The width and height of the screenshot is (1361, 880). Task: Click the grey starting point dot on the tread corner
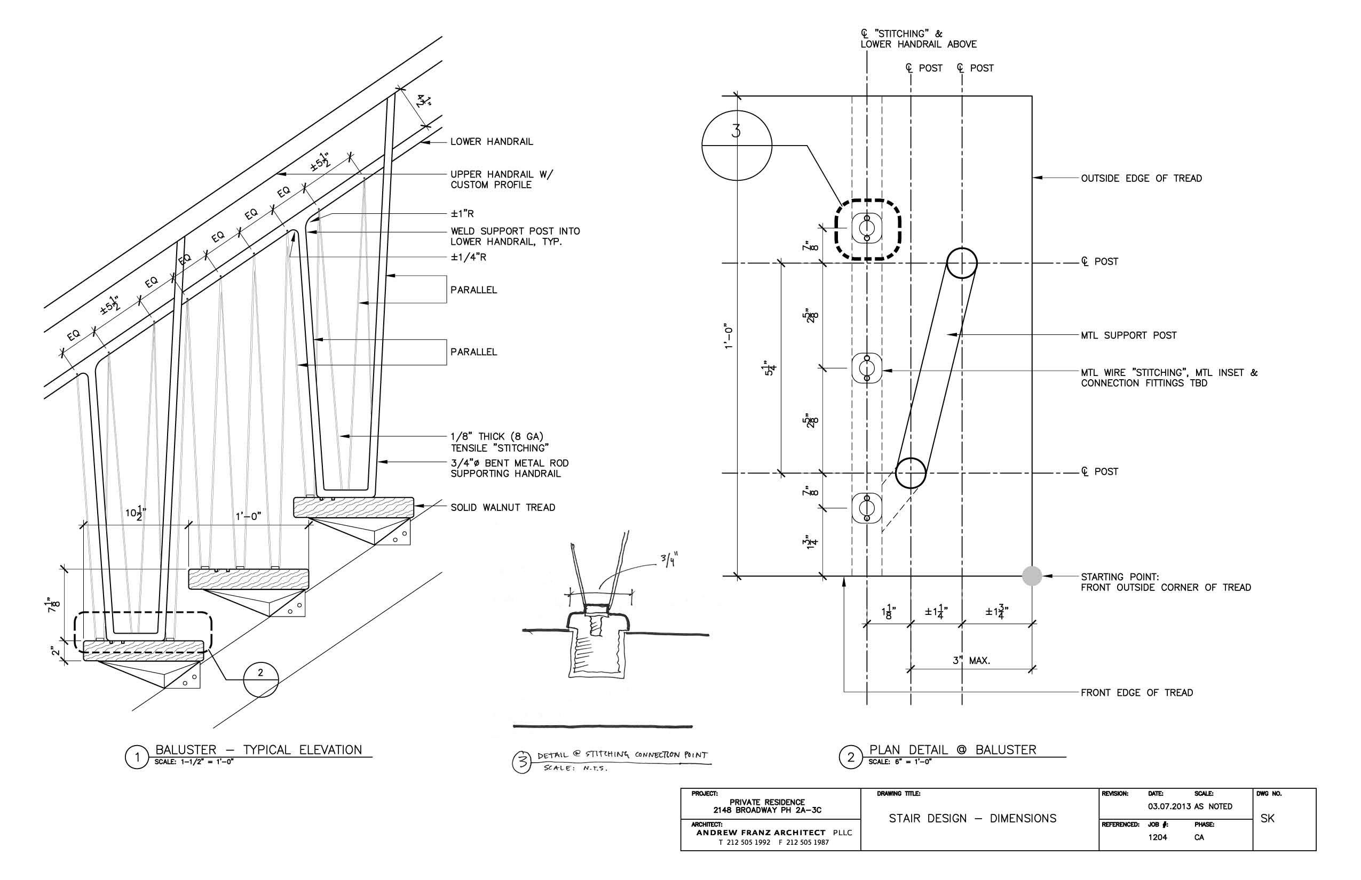point(1032,576)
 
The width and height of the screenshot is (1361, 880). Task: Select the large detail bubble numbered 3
point(737,145)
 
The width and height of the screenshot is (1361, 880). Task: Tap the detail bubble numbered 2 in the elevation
point(261,679)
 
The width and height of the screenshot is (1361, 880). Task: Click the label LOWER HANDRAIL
point(491,142)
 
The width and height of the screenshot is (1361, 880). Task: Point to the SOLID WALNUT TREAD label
point(502,507)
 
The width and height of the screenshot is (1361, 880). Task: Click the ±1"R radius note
point(462,214)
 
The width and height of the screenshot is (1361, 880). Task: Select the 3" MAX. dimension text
point(971,661)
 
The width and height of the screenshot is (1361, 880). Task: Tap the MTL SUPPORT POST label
point(1128,335)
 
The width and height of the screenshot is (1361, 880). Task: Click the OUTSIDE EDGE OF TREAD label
point(1141,178)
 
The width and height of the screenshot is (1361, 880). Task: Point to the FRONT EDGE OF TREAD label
point(1136,693)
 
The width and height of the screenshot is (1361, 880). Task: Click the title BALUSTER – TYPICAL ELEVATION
point(258,750)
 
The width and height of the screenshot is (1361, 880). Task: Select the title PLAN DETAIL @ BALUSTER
point(952,750)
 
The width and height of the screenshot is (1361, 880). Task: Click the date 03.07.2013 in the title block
point(1169,806)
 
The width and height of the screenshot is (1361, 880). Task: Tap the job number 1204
point(1158,837)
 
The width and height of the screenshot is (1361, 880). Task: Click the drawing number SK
point(1267,818)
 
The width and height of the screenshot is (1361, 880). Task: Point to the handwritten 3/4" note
point(670,559)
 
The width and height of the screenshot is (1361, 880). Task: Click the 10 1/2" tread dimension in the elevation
point(136,513)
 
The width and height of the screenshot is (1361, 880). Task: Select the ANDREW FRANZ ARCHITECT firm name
point(761,833)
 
